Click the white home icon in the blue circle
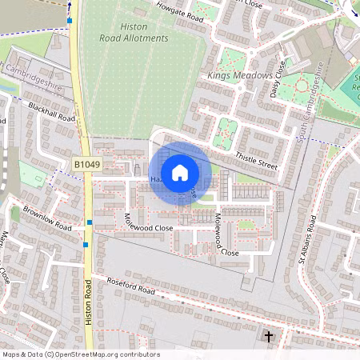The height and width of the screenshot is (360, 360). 180,173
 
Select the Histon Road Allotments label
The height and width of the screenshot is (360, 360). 134,33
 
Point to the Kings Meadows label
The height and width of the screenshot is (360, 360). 234,75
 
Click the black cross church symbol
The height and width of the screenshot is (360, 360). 269,338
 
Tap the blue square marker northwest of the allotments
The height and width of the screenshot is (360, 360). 70,20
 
